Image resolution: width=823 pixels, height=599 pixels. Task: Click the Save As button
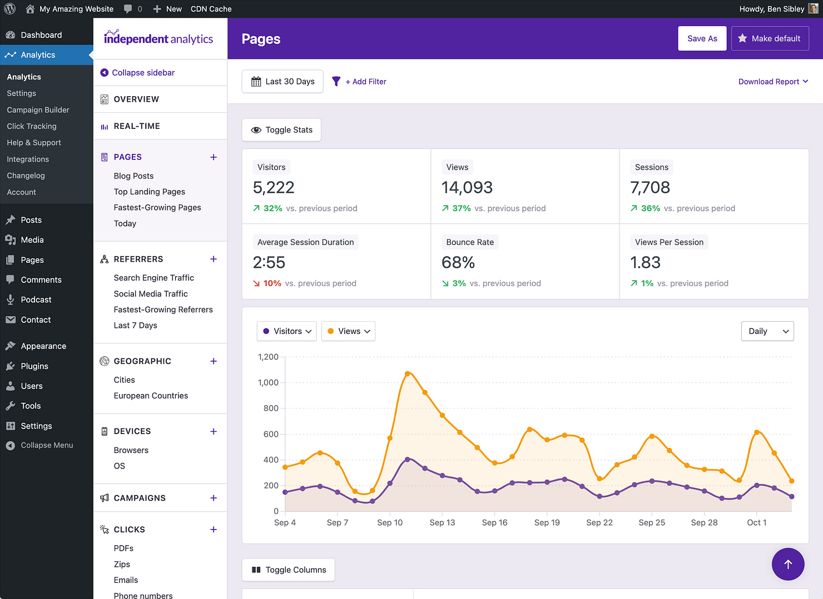[x=702, y=38]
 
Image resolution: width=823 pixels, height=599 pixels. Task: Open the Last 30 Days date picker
[x=282, y=82]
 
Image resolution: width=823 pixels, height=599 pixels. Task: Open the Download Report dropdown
[x=772, y=82]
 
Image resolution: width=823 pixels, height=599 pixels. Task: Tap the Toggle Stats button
[x=281, y=130]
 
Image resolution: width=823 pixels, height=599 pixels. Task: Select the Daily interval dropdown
[x=767, y=331]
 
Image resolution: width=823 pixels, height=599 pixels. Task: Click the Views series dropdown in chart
[x=348, y=331]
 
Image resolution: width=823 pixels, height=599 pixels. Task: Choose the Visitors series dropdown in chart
[x=286, y=331]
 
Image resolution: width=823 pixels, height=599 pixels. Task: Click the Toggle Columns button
[x=288, y=570]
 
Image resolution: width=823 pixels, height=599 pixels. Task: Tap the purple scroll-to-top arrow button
[x=787, y=564]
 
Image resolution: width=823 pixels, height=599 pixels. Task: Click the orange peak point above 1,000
[x=408, y=373]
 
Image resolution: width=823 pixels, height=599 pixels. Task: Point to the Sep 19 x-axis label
[x=547, y=523]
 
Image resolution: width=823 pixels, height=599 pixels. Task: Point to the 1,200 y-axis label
[x=268, y=357]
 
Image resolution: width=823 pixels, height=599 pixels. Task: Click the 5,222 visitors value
[x=274, y=188]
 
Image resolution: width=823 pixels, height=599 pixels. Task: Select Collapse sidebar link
[x=143, y=73]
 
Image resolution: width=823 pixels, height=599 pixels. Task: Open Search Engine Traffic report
[x=153, y=278]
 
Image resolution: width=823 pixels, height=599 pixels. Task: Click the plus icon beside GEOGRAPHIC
[x=214, y=361]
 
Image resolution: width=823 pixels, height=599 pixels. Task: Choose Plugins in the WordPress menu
[x=34, y=366]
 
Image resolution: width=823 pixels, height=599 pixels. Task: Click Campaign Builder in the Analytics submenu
[x=38, y=110]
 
